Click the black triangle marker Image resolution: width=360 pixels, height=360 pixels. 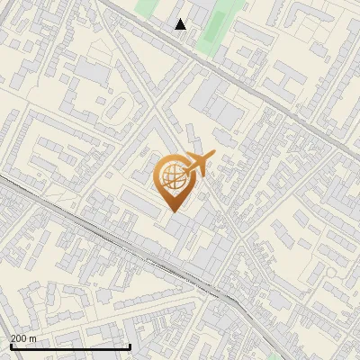181,24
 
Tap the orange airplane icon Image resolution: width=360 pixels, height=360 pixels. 198,163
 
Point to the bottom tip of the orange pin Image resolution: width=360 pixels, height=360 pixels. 172,211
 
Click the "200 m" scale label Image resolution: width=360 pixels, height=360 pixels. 23,337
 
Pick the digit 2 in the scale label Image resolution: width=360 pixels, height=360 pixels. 13,337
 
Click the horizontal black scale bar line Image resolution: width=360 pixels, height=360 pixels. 70,346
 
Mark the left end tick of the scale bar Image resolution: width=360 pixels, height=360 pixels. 10,345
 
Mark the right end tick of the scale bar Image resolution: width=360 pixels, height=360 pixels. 130,345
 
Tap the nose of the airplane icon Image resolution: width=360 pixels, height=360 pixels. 213,157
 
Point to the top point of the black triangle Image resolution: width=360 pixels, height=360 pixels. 181,19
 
